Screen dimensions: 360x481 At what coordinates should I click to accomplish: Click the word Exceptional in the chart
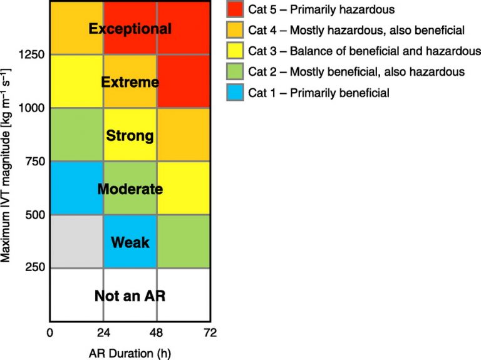[x=130, y=29]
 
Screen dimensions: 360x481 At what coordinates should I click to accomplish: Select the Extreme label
[x=130, y=82]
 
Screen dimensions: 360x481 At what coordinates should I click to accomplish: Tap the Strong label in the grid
[x=130, y=135]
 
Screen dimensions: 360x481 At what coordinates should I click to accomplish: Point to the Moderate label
[x=130, y=189]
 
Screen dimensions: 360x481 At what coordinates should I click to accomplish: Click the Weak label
[x=130, y=242]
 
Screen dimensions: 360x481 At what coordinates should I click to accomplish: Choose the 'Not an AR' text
[x=130, y=296]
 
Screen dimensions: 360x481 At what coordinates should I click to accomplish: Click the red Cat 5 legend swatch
[x=236, y=9]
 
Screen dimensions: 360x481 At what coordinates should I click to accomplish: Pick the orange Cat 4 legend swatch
[x=236, y=30]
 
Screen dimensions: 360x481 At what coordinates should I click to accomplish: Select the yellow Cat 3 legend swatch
[x=236, y=51]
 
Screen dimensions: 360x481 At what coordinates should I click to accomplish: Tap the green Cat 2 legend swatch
[x=236, y=72]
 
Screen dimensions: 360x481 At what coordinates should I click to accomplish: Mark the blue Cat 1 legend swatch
[x=236, y=93]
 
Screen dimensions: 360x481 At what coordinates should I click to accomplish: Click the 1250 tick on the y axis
[x=31, y=54]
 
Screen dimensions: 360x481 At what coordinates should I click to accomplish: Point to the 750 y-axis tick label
[x=34, y=162]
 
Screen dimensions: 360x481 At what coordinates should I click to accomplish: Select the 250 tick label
[x=34, y=269]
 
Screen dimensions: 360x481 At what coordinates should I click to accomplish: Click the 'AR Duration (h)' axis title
[x=130, y=352]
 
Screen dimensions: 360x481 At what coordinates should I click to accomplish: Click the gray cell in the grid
[x=76, y=242]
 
